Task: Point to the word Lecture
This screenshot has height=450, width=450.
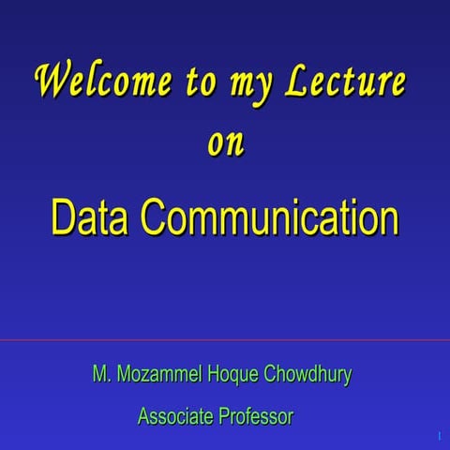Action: [x=345, y=82]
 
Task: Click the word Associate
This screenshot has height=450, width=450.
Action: [x=174, y=415]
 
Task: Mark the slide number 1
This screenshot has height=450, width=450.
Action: [x=439, y=437]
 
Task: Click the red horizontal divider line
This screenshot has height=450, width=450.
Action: [x=225, y=340]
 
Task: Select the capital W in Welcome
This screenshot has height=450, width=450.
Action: [x=52, y=81]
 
